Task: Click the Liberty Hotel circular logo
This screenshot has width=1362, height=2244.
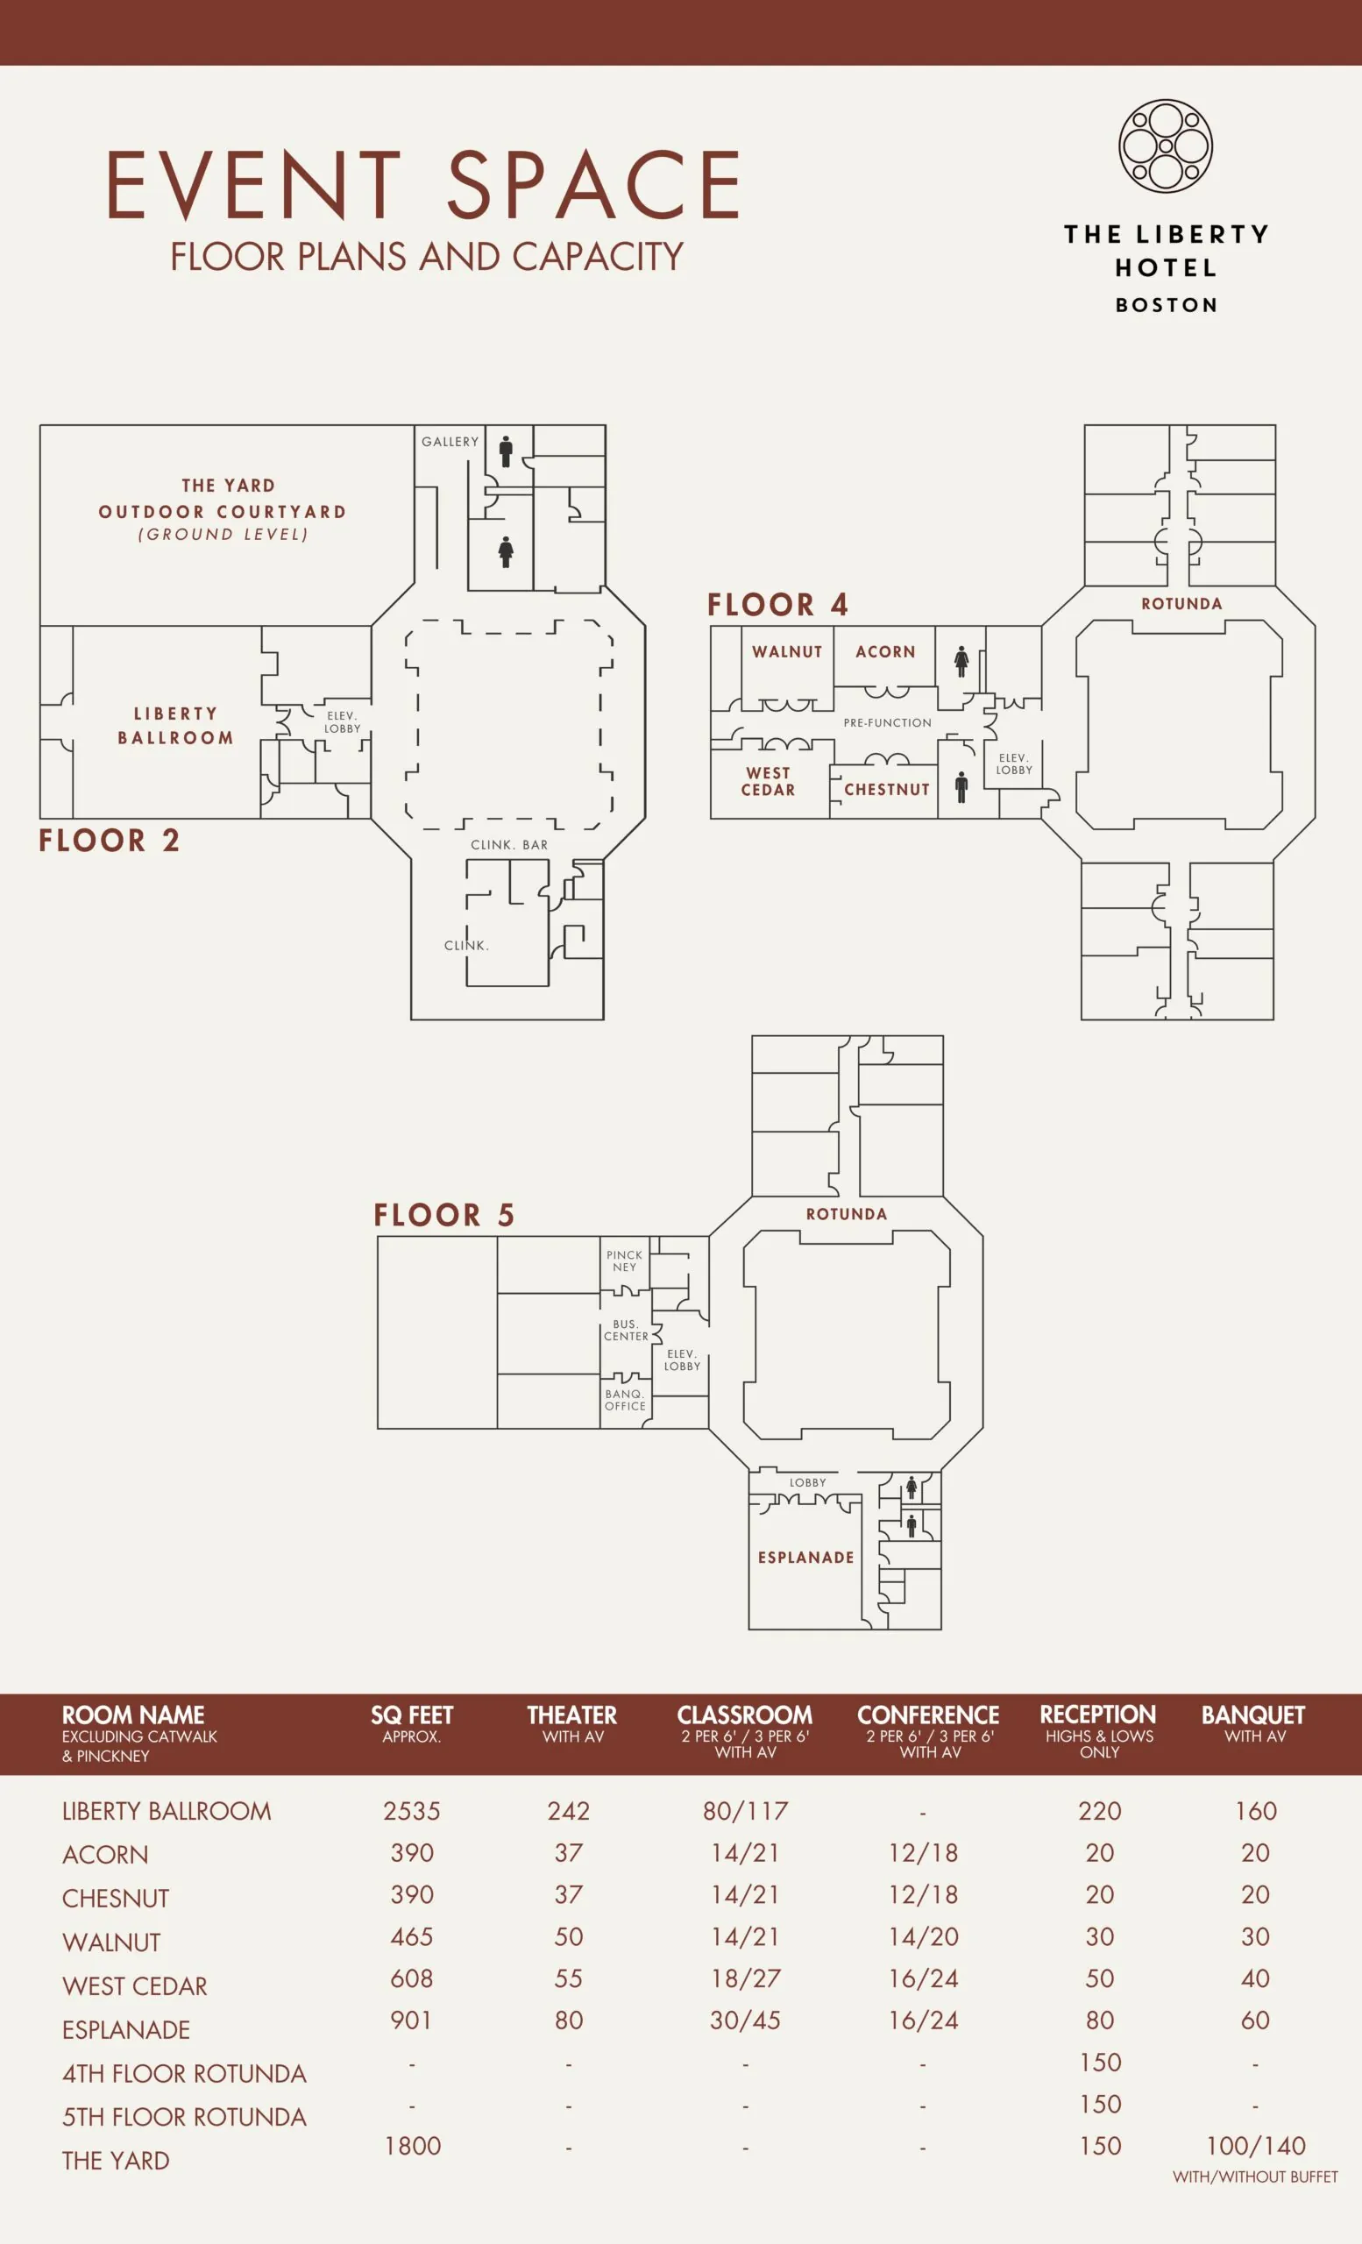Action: click(1166, 146)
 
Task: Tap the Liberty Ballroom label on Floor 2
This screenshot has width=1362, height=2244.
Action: click(175, 726)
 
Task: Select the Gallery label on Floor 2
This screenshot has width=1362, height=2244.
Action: click(450, 442)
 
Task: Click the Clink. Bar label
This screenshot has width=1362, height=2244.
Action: click(509, 845)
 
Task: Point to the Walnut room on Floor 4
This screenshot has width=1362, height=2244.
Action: click(786, 652)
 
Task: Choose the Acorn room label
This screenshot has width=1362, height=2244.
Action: click(885, 652)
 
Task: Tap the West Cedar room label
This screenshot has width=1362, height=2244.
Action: click(769, 781)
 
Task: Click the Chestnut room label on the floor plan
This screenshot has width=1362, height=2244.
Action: click(887, 790)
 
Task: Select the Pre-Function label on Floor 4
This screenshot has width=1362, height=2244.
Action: click(888, 723)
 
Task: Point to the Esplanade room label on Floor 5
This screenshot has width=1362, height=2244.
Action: click(806, 1558)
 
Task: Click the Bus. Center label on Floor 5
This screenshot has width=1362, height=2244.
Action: click(627, 1330)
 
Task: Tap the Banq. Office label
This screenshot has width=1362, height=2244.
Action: click(626, 1400)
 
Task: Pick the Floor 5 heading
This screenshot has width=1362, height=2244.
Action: click(444, 1215)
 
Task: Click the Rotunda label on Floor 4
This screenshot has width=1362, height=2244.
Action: click(1181, 604)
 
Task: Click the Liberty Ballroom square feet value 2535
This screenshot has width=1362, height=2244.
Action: click(412, 1810)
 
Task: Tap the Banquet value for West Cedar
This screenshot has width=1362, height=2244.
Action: click(1255, 1978)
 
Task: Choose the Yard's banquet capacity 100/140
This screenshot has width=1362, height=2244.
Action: click(1255, 2146)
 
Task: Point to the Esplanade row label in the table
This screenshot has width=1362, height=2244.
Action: click(126, 2030)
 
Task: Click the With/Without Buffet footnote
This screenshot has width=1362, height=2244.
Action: click(1255, 2177)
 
